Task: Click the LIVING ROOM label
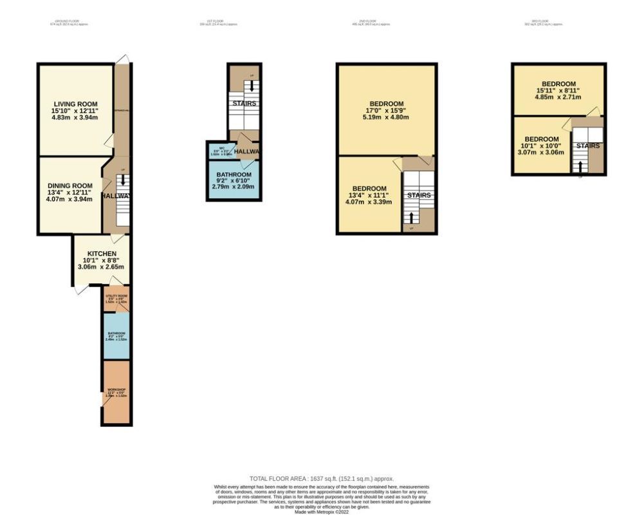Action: tap(75, 104)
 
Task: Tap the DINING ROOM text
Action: tap(67, 185)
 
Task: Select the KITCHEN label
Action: tap(101, 254)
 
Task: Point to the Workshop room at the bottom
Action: tap(116, 393)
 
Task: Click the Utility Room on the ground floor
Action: tap(116, 298)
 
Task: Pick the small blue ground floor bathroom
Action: tap(116, 335)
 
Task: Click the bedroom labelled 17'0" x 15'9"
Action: tap(386, 104)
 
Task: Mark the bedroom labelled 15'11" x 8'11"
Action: tap(558, 84)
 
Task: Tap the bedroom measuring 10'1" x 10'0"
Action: tap(541, 139)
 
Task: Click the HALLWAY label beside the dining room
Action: tap(117, 196)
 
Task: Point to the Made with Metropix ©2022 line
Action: tap(322, 511)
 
